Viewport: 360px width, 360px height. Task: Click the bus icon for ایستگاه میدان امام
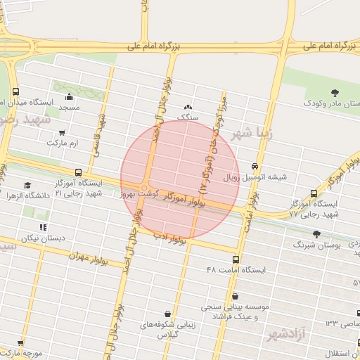(x=16, y=91)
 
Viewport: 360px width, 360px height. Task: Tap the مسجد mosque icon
(x=69, y=97)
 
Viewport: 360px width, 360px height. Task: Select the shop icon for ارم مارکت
(x=62, y=132)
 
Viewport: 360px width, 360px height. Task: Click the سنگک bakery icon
(x=187, y=107)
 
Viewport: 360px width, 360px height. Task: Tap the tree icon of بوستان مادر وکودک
(x=334, y=92)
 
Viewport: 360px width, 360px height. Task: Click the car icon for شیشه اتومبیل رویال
(x=255, y=167)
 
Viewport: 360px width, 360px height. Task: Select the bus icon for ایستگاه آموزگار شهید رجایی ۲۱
(x=77, y=172)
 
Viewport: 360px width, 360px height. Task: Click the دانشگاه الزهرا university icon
(x=27, y=186)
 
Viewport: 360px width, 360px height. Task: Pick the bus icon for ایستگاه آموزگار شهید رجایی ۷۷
(x=314, y=193)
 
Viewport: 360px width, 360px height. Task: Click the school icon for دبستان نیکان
(x=43, y=227)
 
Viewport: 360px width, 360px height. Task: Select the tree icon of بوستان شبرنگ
(x=316, y=233)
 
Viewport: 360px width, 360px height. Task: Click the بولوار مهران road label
(x=89, y=255)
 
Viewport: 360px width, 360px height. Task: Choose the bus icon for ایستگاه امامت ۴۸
(x=235, y=259)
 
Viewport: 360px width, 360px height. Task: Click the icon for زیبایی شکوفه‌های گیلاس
(x=167, y=314)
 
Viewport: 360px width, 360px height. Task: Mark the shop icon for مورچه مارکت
(x=20, y=343)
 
